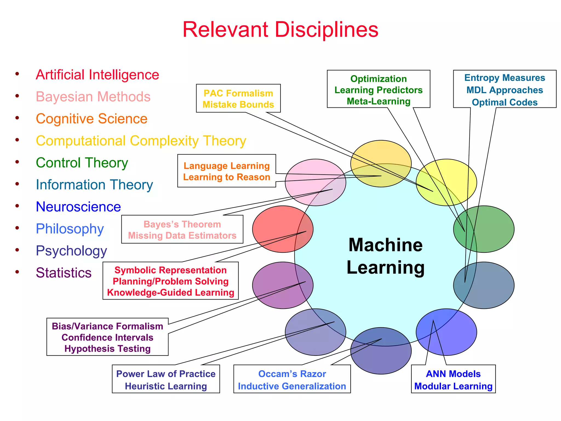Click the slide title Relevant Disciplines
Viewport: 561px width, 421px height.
coord(280,30)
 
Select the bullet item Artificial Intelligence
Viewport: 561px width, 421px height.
coord(97,75)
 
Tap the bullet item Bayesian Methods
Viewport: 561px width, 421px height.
coord(93,97)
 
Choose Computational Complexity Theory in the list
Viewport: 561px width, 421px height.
coord(141,141)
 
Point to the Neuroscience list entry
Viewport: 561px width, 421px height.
coord(78,207)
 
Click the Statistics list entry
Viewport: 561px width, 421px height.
coord(64,273)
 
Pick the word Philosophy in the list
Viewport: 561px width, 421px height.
coord(70,229)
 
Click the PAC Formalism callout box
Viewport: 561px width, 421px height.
coord(238,98)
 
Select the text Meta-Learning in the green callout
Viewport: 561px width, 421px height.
coord(378,101)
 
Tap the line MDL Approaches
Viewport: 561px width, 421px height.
coord(505,90)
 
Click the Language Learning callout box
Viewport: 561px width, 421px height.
coord(227,171)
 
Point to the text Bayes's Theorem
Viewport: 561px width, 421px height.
coord(182,224)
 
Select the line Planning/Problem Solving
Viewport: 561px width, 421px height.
coord(170,281)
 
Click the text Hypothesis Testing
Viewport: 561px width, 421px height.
coord(107,349)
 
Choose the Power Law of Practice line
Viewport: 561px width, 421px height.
coord(166,374)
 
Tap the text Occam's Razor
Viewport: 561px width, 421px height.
coord(292,374)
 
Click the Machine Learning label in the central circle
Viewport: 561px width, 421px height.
coord(385,256)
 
